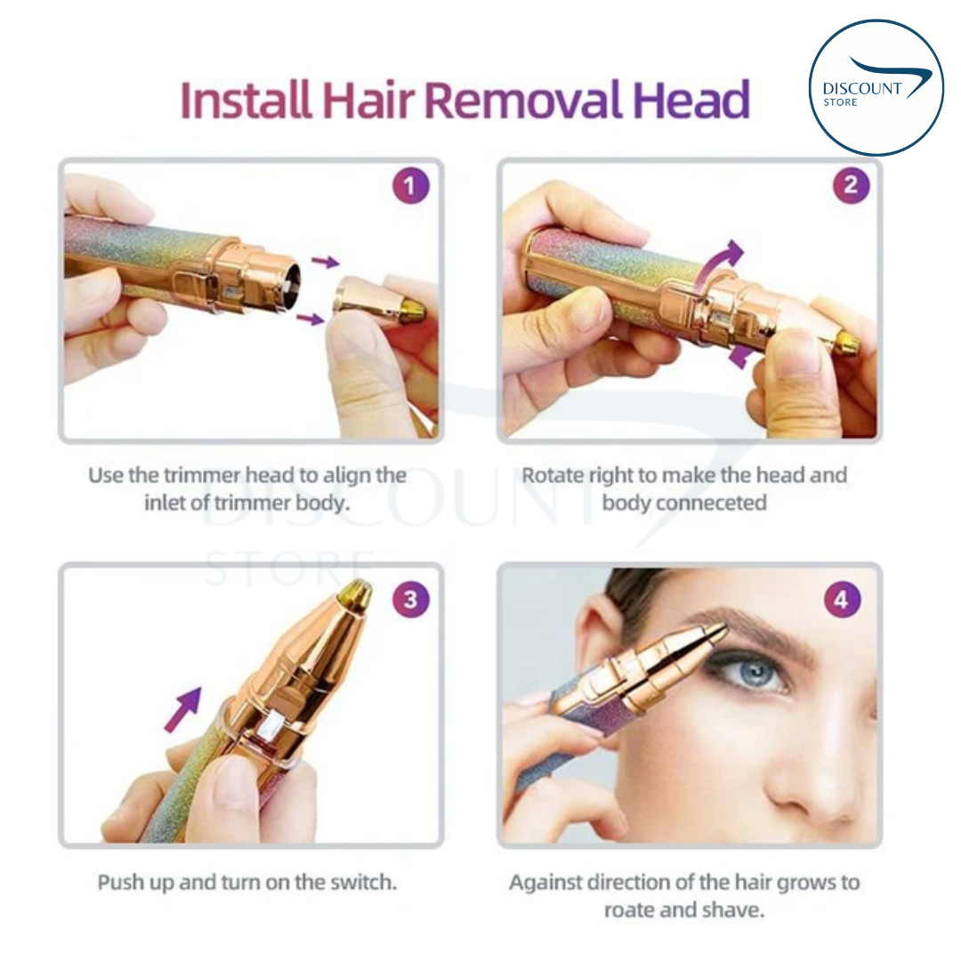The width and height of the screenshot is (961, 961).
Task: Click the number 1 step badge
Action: tap(409, 187)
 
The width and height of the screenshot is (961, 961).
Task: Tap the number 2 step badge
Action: tap(851, 186)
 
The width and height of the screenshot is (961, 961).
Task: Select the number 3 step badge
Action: tap(409, 599)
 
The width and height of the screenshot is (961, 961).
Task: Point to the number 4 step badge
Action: tap(842, 601)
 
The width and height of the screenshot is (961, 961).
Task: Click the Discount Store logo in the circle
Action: tap(876, 87)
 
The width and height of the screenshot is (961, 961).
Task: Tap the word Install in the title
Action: tap(245, 101)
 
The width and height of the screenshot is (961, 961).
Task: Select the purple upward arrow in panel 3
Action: tap(183, 708)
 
